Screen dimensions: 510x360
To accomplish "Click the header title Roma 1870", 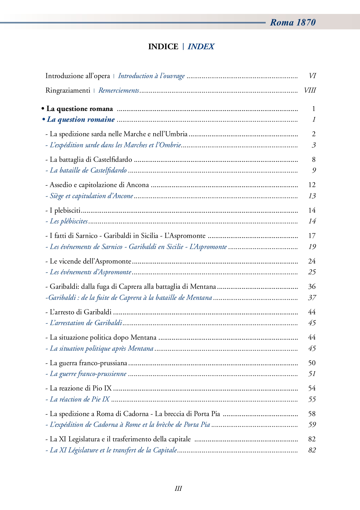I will pyautogui.click(x=293, y=22).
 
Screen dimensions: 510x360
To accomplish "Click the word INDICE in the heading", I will pyautogui.click(x=163, y=46).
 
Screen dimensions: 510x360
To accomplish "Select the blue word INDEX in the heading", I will pyautogui.click(x=201, y=46).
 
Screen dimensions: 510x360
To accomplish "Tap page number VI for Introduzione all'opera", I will pyautogui.click(x=312, y=76).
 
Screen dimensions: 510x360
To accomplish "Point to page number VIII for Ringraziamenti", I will pyautogui.click(x=310, y=90).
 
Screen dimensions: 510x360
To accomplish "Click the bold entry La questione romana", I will pyautogui.click(x=80, y=109).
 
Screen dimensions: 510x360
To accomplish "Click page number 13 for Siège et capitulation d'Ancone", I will pyautogui.click(x=312, y=196).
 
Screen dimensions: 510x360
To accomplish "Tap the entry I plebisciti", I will pyautogui.click(x=65, y=210).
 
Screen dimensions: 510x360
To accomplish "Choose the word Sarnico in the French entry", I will pyautogui.click(x=112, y=247).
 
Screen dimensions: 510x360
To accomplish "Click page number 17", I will pyautogui.click(x=312, y=236).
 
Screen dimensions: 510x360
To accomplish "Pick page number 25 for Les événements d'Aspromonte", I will pyautogui.click(x=312, y=272).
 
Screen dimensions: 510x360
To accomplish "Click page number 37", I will pyautogui.click(x=312, y=298).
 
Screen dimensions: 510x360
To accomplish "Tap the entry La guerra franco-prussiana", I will pyautogui.click(x=88, y=363).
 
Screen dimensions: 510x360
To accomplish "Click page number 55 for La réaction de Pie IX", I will pyautogui.click(x=312, y=399).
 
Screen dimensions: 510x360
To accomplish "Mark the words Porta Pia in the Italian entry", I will pyautogui.click(x=207, y=414).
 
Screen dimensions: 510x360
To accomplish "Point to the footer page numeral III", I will pyautogui.click(x=178, y=488).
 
